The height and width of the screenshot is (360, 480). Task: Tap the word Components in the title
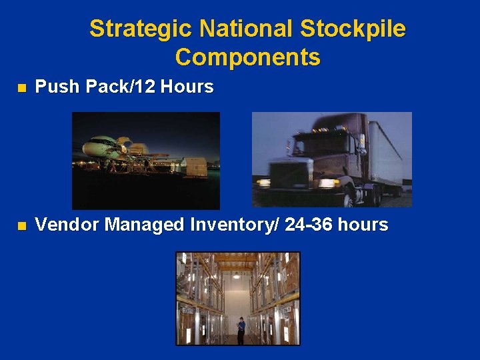click(x=247, y=57)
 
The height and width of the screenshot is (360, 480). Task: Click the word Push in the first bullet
click(x=55, y=87)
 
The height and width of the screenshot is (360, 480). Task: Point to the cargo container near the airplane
click(x=195, y=166)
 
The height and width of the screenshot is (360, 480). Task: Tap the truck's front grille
click(x=290, y=175)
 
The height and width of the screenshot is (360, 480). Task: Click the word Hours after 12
click(x=188, y=87)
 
